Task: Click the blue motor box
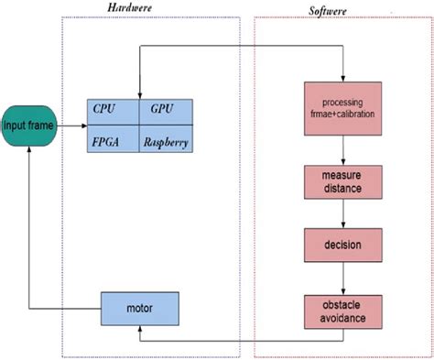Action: coord(138,308)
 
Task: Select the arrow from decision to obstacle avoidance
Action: coord(342,278)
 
